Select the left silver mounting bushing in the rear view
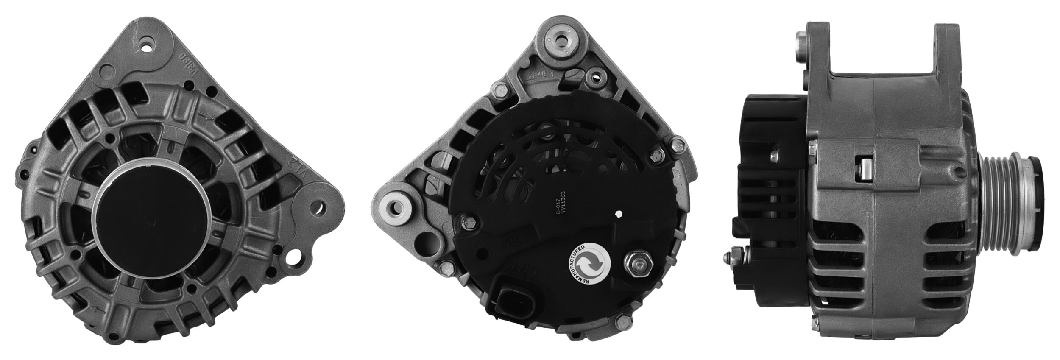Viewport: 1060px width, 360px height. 394,207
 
